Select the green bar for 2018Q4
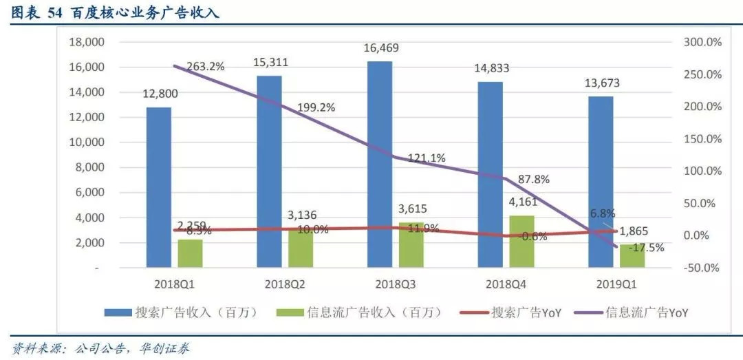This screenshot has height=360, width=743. tap(521, 241)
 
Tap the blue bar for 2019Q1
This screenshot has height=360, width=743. tap(601, 182)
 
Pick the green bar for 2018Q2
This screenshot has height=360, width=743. tap(301, 248)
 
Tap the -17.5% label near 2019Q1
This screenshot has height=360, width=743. tap(647, 247)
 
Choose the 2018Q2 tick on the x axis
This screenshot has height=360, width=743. tap(285, 283)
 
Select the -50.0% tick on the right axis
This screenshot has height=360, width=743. tap(702, 268)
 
